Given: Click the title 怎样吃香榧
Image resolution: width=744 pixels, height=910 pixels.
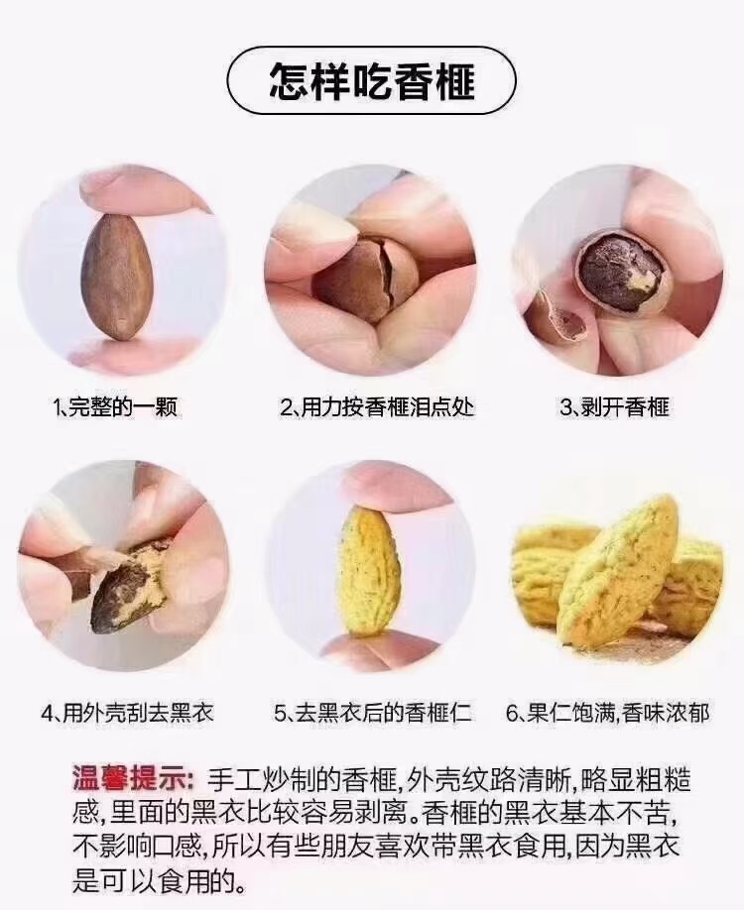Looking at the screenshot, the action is point(372,80).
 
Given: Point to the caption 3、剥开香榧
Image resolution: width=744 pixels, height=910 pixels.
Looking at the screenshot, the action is point(614,406).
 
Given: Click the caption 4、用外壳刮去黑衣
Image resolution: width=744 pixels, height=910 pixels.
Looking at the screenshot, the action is point(127,712).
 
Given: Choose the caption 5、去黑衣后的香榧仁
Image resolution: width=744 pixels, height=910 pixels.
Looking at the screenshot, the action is point(373,712).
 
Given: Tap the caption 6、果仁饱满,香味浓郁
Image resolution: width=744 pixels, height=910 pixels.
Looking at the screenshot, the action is point(607,712).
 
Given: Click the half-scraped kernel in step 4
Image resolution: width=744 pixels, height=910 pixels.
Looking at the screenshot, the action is point(129,587).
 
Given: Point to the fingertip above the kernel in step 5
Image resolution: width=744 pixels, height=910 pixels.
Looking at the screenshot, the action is point(395,489).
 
